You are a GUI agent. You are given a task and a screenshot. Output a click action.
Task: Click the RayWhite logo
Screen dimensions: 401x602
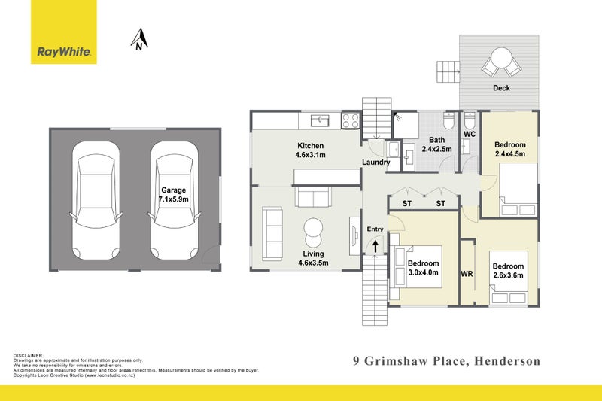click(64, 52)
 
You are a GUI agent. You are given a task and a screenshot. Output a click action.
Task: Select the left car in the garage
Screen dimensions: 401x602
click(96, 199)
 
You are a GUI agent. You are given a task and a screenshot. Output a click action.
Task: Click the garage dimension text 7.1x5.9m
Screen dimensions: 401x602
click(174, 201)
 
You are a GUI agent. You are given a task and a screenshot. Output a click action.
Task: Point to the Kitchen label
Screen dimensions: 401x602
click(310, 146)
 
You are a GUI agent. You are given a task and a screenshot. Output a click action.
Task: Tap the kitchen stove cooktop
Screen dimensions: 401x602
click(351, 120)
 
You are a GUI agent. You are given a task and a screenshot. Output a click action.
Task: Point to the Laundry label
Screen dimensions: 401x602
click(375, 163)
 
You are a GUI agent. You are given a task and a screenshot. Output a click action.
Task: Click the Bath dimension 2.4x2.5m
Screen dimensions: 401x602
click(436, 150)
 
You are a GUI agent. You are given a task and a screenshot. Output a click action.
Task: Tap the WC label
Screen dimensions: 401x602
click(470, 135)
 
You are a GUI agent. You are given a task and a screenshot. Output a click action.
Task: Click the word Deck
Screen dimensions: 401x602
click(501, 88)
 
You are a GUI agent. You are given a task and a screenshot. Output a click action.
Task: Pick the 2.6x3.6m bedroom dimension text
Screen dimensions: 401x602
click(508, 276)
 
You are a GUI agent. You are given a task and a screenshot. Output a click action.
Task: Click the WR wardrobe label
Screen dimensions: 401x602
click(467, 275)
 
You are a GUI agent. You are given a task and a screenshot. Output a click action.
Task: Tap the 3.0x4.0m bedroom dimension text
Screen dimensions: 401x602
click(422, 273)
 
